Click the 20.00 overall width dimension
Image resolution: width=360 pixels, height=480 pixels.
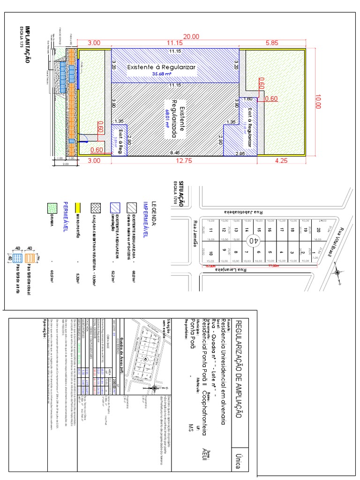pyautogui.click(x=191, y=37)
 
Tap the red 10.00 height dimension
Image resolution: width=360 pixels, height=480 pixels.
pyautogui.click(x=318, y=102)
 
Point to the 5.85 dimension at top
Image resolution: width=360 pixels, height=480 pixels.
pyautogui.click(x=272, y=43)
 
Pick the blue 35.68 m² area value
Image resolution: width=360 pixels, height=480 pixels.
pyautogui.click(x=161, y=74)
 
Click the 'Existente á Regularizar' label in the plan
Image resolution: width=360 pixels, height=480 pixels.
pyautogui.click(x=161, y=67)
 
